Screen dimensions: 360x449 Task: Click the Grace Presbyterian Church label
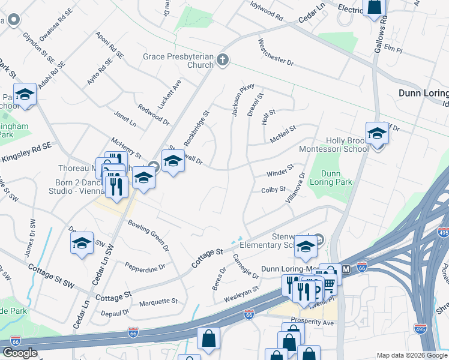click(x=178, y=61)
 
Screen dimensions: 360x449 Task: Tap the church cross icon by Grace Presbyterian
click(x=223, y=59)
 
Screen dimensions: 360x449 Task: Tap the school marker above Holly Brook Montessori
click(x=377, y=133)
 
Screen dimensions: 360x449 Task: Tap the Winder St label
click(x=280, y=170)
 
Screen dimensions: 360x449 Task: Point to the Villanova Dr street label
click(x=296, y=187)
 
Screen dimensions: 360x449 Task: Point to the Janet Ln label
click(x=125, y=118)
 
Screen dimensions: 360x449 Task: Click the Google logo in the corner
click(x=20, y=353)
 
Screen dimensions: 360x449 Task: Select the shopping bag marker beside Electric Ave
click(x=374, y=6)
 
